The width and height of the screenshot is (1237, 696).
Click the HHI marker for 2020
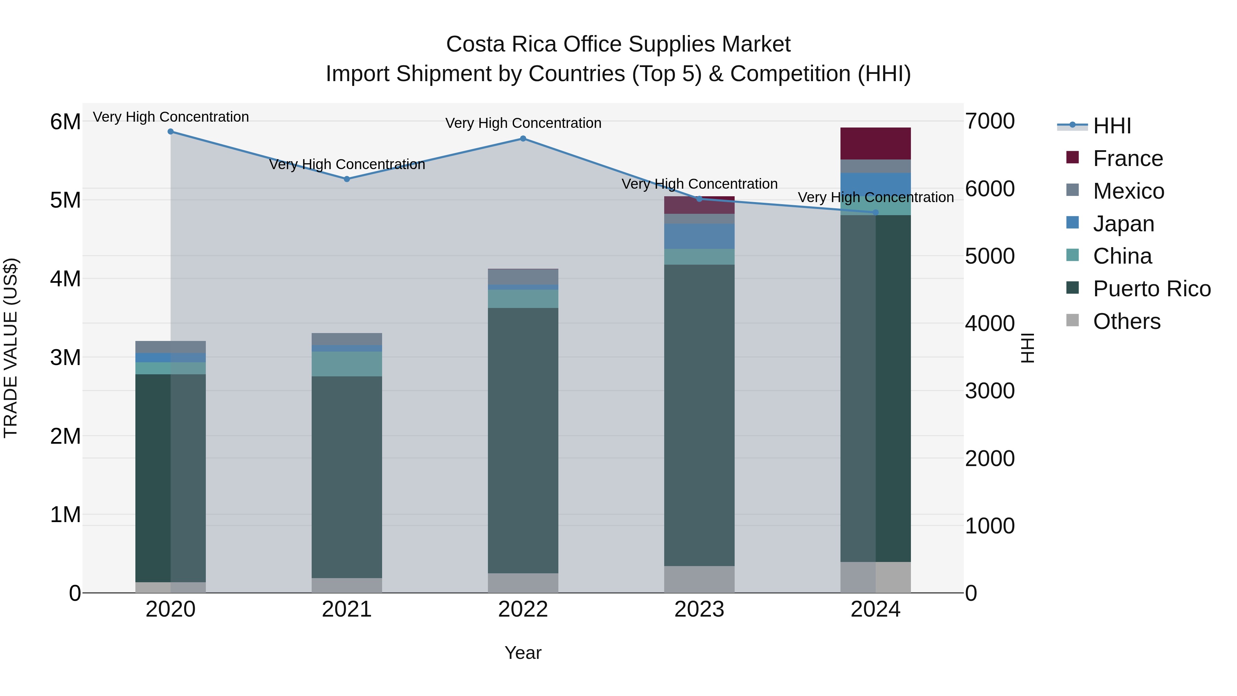(x=170, y=132)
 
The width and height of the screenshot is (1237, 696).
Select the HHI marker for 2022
(x=523, y=139)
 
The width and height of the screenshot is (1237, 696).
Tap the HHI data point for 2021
(x=347, y=179)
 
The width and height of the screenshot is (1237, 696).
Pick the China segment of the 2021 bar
(x=347, y=364)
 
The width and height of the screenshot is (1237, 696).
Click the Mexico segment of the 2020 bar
(x=170, y=347)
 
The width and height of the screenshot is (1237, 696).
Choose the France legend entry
(x=1127, y=158)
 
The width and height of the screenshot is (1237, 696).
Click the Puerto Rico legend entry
(x=1151, y=289)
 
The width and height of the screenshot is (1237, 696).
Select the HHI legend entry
(x=1112, y=126)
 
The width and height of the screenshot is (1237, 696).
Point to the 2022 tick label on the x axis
(x=523, y=609)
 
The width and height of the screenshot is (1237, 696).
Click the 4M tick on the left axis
(x=65, y=279)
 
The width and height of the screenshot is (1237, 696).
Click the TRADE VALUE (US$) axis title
(x=11, y=348)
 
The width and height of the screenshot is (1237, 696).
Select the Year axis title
(x=523, y=653)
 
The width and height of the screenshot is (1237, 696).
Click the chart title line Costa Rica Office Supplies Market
(x=618, y=44)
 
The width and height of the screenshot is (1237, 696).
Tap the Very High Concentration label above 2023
(x=699, y=184)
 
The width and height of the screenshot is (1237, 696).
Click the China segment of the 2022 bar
(x=523, y=299)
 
